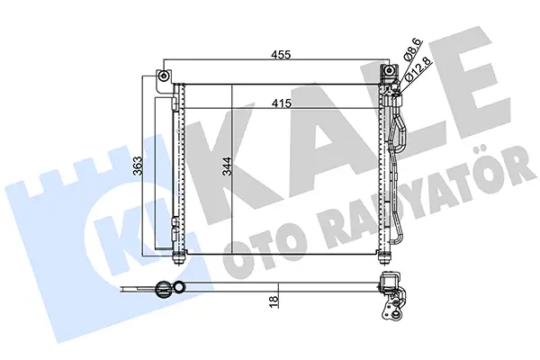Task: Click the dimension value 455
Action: click(282, 54)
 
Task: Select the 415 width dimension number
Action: click(282, 103)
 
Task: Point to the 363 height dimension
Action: click(138, 166)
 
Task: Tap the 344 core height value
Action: click(227, 166)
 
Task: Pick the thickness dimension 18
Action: click(274, 301)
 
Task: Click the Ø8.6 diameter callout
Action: click(412, 49)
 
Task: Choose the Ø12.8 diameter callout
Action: click(418, 69)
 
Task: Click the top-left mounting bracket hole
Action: click(164, 76)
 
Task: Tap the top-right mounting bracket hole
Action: click(389, 71)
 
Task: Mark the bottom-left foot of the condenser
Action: click(177, 257)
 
